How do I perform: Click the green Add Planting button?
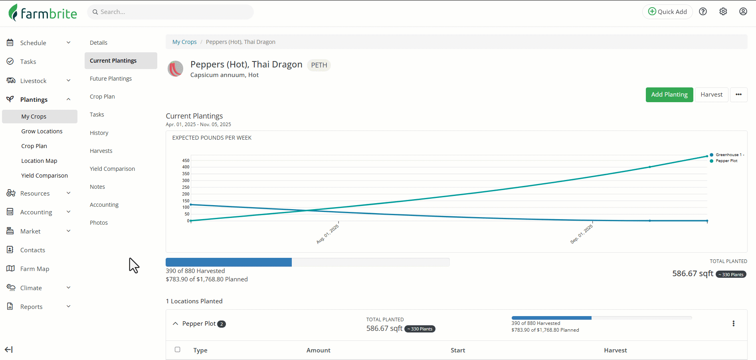669,95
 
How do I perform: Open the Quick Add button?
667,12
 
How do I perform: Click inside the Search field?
172,12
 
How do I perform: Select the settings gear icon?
723,12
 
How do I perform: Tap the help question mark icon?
703,12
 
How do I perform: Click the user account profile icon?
743,12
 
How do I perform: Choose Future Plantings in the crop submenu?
111,79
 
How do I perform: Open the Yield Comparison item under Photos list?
112,169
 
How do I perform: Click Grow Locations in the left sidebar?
42,131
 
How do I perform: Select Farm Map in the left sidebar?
35,269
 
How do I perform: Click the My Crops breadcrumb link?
184,42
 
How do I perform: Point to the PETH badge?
319,65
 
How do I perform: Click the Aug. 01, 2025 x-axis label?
327,234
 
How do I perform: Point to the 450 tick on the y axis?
186,160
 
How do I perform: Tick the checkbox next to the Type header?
178,350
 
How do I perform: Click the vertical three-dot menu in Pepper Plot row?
733,324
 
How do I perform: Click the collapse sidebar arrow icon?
9,350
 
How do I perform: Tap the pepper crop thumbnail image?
175,69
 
